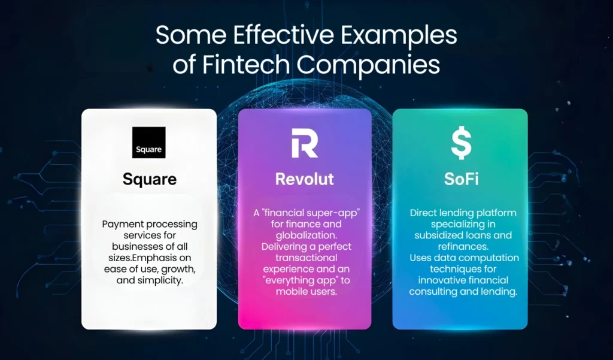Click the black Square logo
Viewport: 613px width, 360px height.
148,143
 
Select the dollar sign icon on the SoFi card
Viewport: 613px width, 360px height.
460,143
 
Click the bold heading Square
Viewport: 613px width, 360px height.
150,179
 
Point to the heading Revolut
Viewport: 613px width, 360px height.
305,179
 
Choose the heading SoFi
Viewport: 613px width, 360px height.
460,179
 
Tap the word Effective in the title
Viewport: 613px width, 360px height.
259,36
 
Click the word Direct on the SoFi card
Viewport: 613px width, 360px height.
425,213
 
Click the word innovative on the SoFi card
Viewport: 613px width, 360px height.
447,280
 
